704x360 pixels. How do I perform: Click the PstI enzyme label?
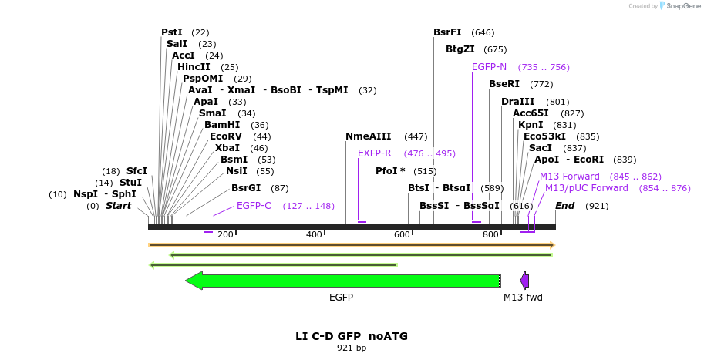tap(172, 32)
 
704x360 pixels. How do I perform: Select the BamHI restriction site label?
tap(222, 125)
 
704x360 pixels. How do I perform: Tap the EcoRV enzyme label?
tap(226, 136)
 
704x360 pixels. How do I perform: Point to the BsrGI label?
tap(246, 187)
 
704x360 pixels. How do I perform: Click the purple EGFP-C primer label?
tap(254, 206)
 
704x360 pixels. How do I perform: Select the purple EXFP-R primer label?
tap(375, 153)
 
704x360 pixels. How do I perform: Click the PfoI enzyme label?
tap(390, 171)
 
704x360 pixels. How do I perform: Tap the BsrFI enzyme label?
tap(447, 32)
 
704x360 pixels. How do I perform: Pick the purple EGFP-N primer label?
tap(489, 67)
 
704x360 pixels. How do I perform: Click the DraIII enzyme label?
tap(517, 102)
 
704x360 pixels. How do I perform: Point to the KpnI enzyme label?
tap(531, 125)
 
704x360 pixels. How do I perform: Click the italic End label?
tap(565, 206)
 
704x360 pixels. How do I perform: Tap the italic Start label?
tap(119, 206)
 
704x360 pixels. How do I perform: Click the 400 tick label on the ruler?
tap(314, 234)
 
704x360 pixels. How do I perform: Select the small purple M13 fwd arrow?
tap(525, 281)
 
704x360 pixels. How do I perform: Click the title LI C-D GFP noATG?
tap(352, 336)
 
